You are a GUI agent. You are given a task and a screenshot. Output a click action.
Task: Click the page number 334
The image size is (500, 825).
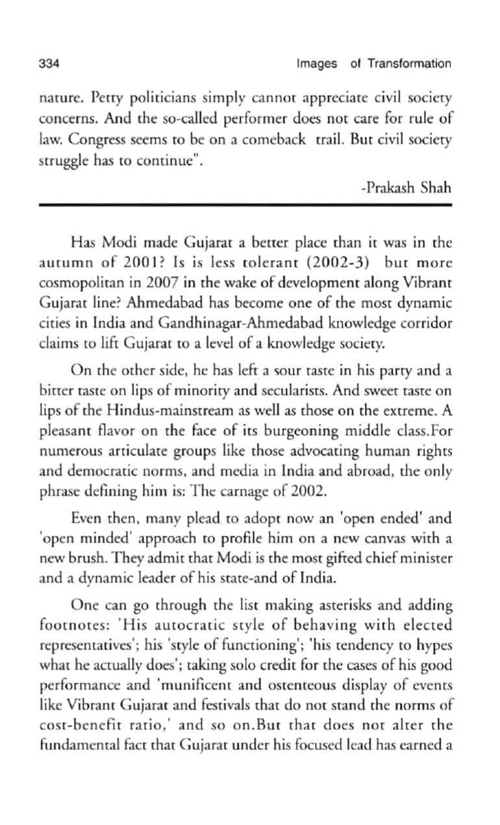49,64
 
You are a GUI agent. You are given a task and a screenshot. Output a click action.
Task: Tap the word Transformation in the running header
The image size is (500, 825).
409,64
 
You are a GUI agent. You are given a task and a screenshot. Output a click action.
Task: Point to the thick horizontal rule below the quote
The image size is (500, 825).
245,205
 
